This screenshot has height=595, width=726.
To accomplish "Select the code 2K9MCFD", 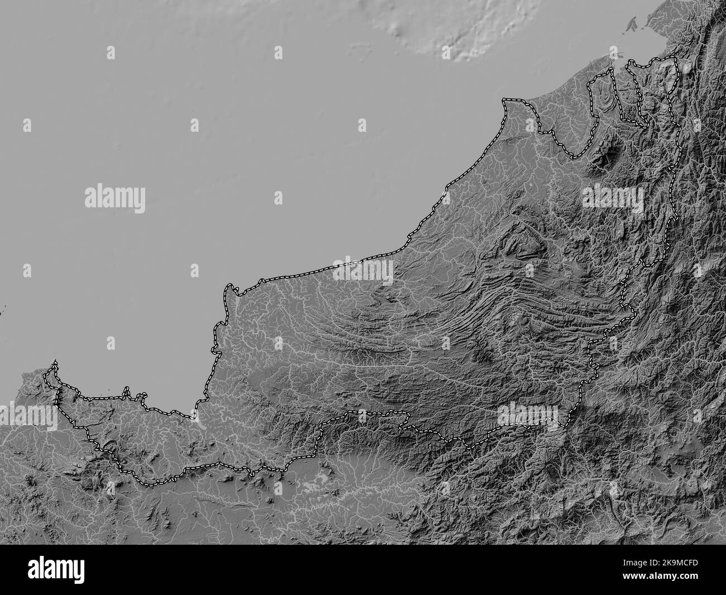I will tap(686, 561).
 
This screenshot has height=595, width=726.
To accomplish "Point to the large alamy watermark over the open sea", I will tap(115, 199).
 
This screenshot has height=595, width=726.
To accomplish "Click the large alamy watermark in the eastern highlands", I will tap(613, 199).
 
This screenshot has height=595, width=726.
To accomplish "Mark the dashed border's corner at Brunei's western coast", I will tap(505, 101).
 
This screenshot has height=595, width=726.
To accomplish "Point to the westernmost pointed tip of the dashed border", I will tap(55, 363).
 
